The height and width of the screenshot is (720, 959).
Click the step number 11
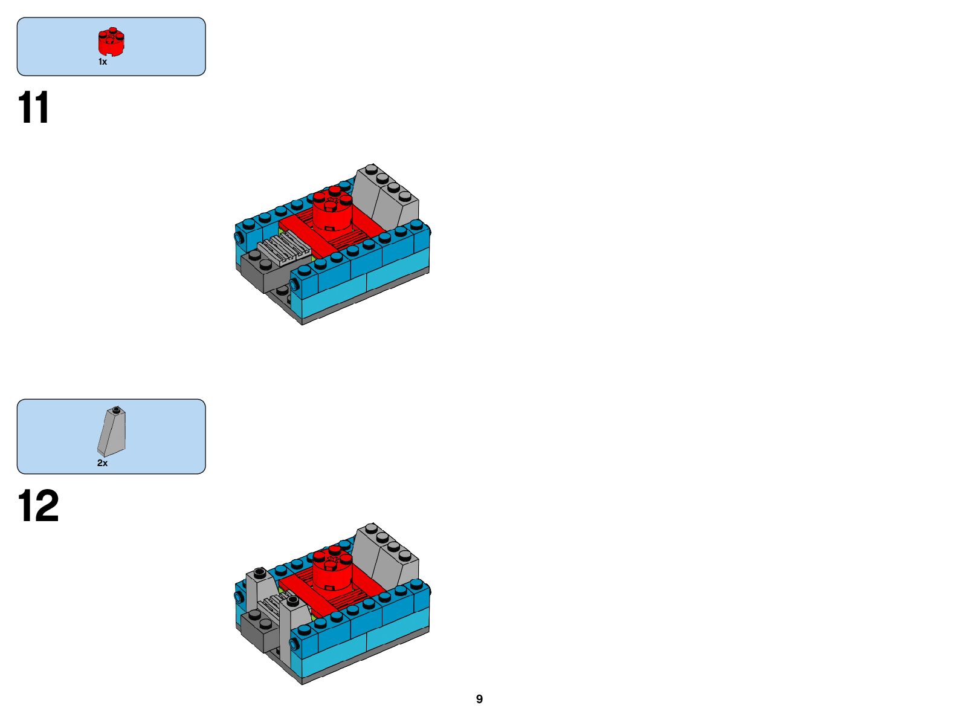coord(34,108)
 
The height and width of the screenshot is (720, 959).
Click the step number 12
coord(38,506)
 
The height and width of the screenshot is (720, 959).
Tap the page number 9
coord(479,699)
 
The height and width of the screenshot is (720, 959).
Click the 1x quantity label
coord(103,62)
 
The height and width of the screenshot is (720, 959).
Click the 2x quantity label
coord(103,463)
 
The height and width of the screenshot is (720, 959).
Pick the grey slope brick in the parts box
coord(112,433)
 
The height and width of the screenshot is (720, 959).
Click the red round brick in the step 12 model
coord(332,571)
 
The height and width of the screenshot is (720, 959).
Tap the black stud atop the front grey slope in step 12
coord(293,600)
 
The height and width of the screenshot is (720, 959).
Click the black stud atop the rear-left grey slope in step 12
coord(260,572)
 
